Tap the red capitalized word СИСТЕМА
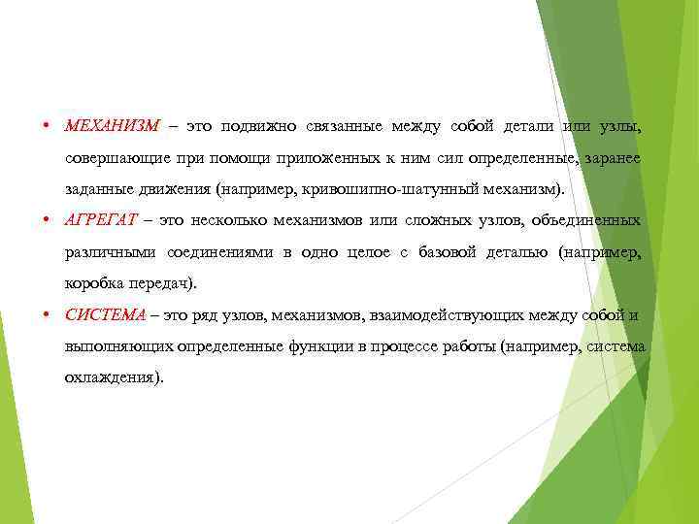tap(105, 314)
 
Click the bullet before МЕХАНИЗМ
tap(47, 127)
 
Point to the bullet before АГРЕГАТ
tap(47, 221)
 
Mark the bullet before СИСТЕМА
tap(47, 315)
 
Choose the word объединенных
tap(582, 220)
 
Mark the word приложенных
tap(302, 157)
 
